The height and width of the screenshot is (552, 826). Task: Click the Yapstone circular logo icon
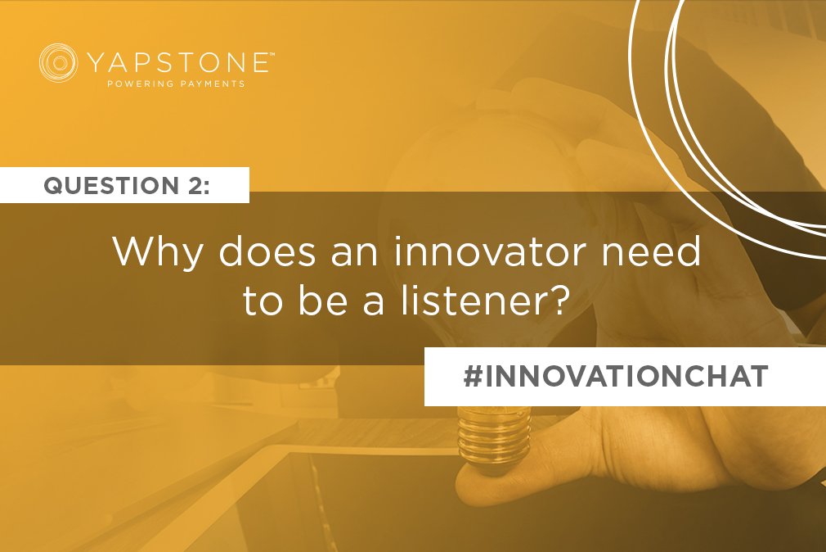pos(58,63)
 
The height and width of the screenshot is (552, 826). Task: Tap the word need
pos(656,252)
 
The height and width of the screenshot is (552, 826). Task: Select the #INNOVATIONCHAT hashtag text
pos(615,376)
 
